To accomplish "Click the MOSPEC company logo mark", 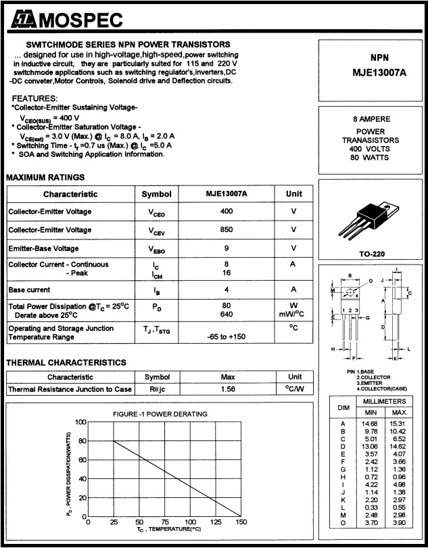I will (x=22, y=22).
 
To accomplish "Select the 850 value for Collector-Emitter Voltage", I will (x=227, y=229).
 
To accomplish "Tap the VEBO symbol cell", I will (x=156, y=249).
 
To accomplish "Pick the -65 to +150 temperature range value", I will (x=227, y=336).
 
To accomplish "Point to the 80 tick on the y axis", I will (x=82, y=441).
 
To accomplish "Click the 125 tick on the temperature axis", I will (x=215, y=522).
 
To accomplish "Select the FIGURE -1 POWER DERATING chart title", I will (x=160, y=414).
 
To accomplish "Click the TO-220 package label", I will (x=373, y=254).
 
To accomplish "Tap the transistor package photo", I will (x=371, y=219).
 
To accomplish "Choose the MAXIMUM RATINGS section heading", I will (x=45, y=178).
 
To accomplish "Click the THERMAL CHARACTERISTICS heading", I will (x=66, y=363).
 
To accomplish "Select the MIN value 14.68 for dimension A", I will (x=371, y=423).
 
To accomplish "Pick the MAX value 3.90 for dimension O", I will (x=399, y=523).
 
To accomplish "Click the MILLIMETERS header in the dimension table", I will (x=385, y=402).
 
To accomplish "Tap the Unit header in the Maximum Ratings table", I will (x=294, y=194).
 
